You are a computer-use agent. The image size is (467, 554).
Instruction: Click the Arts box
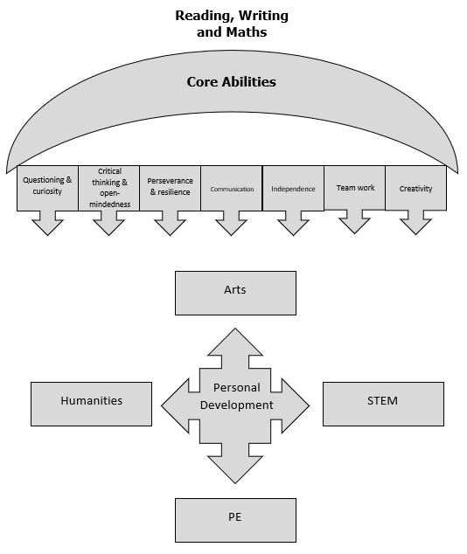point(235,293)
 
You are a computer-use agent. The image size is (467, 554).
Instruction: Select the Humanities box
point(91,404)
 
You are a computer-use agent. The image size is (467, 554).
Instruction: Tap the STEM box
point(383,404)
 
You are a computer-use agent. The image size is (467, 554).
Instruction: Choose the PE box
point(235,520)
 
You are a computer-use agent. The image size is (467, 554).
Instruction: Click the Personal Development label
point(236,396)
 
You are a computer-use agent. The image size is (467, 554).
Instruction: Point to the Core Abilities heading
point(231,81)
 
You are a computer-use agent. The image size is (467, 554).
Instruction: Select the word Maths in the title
point(247,31)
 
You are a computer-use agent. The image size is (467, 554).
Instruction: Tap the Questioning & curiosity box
point(47,188)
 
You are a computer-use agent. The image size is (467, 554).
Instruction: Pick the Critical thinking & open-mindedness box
point(109,188)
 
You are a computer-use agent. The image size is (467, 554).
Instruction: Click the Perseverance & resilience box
point(170,188)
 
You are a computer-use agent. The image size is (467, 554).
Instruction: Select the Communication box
point(232,188)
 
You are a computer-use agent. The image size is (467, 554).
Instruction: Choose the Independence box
point(293,188)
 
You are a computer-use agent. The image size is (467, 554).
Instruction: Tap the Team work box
point(354,187)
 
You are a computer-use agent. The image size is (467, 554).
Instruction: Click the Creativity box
point(415,188)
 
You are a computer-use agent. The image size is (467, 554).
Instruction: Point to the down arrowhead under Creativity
point(415,226)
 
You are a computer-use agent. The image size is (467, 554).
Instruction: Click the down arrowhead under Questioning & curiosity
point(47,227)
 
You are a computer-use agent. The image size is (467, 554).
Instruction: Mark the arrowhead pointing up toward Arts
point(235,342)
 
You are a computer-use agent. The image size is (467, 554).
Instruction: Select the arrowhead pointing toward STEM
point(296,405)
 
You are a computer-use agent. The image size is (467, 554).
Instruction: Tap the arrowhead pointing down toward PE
point(235,470)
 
